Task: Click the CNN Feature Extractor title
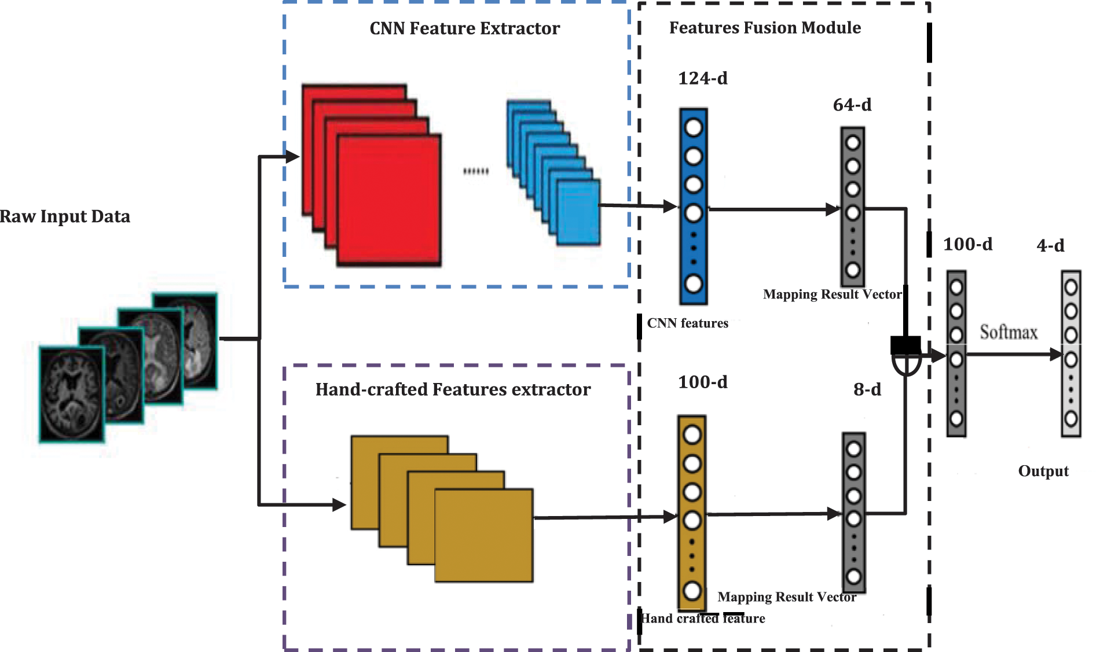(464, 28)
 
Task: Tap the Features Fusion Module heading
(764, 28)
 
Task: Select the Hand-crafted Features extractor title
(453, 389)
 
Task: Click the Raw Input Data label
(65, 216)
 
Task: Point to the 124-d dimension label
(702, 78)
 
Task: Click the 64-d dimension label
(852, 105)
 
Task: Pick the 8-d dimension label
(867, 389)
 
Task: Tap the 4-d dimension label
(1050, 245)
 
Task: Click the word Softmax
(1008, 332)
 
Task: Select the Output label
(1043, 471)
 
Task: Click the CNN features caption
(687, 323)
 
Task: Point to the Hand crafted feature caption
(703, 618)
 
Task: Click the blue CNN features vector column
(693, 206)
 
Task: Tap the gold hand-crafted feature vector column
(692, 512)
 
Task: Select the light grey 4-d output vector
(1070, 353)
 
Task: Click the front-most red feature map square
(389, 200)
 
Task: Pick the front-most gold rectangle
(483, 535)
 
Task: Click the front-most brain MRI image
(72, 393)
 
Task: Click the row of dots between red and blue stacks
(476, 171)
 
